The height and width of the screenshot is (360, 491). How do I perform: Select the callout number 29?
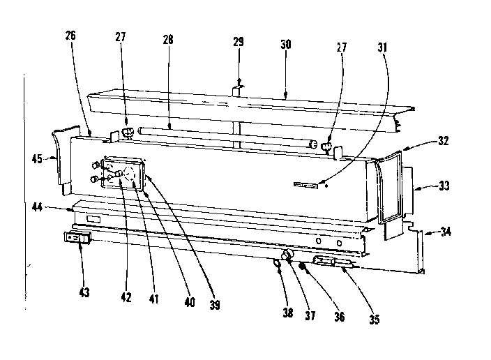click(x=239, y=43)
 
